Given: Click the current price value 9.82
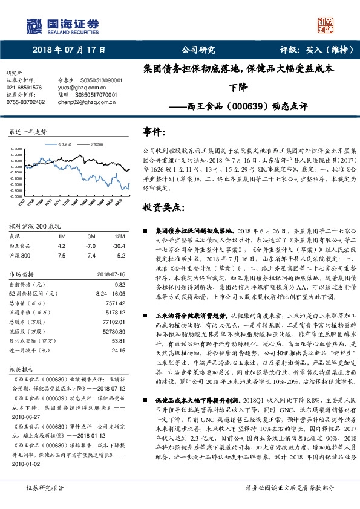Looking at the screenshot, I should tap(119, 284).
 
